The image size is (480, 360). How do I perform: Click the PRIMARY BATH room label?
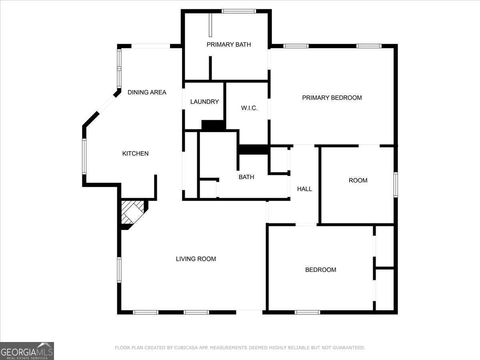pos(228,44)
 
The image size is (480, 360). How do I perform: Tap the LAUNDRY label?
pos(204,102)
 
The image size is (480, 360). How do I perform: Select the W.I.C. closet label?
pos(249,108)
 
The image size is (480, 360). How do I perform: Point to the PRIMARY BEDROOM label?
pos(332,98)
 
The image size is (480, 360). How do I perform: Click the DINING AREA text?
pos(147,92)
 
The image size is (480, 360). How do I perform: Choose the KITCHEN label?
pos(135,154)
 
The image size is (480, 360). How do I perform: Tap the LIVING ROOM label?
pos(196,259)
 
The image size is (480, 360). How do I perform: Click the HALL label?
pos(304,189)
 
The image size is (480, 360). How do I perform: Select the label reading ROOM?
pos(358,180)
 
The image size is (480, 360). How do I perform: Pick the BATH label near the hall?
pos(246,177)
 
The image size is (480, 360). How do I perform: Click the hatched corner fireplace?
pos(132,212)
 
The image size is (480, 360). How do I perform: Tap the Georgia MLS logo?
pos(27,351)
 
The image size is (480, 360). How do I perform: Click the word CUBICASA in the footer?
pos(184,348)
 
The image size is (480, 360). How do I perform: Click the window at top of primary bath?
pos(239,11)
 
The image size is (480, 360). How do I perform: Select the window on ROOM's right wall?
pos(395,184)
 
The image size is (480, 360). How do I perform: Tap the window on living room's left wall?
pos(119,270)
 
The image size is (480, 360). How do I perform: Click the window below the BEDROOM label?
pos(307,312)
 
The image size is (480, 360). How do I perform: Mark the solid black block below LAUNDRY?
pos(213,125)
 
